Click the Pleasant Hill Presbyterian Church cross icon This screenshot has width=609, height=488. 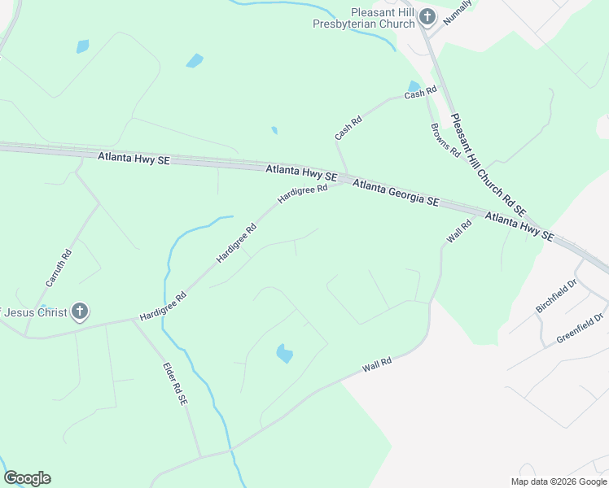click(426, 18)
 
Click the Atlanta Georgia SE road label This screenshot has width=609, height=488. click(396, 193)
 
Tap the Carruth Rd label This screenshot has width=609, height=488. click(59, 268)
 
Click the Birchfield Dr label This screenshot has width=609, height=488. click(555, 297)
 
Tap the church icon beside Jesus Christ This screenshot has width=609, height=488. click(79, 311)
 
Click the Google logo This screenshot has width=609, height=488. click(27, 478)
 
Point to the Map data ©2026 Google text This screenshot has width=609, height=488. click(559, 481)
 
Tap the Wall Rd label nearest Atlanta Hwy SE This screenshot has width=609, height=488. click(459, 233)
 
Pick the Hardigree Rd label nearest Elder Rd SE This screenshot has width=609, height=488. click(163, 306)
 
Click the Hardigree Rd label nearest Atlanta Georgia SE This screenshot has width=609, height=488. click(301, 194)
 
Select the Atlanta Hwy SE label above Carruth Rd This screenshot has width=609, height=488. click(134, 159)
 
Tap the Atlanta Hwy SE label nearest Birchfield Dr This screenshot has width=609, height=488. click(519, 226)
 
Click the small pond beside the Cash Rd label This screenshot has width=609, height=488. click(414, 86)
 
